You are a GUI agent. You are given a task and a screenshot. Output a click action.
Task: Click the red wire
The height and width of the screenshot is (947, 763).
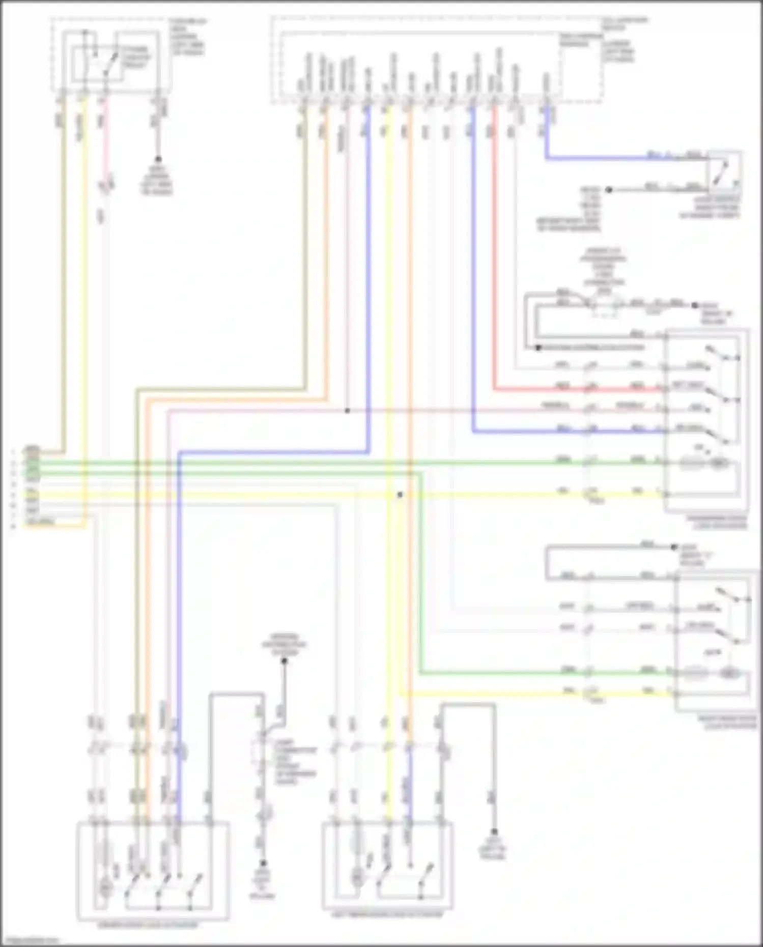point(494,254)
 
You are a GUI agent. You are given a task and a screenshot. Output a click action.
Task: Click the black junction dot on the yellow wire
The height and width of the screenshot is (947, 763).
point(400,495)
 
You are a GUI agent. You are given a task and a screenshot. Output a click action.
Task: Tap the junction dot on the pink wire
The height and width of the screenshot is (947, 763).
point(347,411)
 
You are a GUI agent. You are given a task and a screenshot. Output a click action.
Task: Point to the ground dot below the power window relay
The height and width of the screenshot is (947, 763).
point(158,159)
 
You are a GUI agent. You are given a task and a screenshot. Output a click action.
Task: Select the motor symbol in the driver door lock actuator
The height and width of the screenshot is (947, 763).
point(105,887)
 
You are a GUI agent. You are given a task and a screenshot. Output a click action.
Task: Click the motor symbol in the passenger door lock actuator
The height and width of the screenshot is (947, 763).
point(718,463)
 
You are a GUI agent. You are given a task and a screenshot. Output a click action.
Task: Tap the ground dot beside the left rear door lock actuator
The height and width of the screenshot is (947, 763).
point(494,831)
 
